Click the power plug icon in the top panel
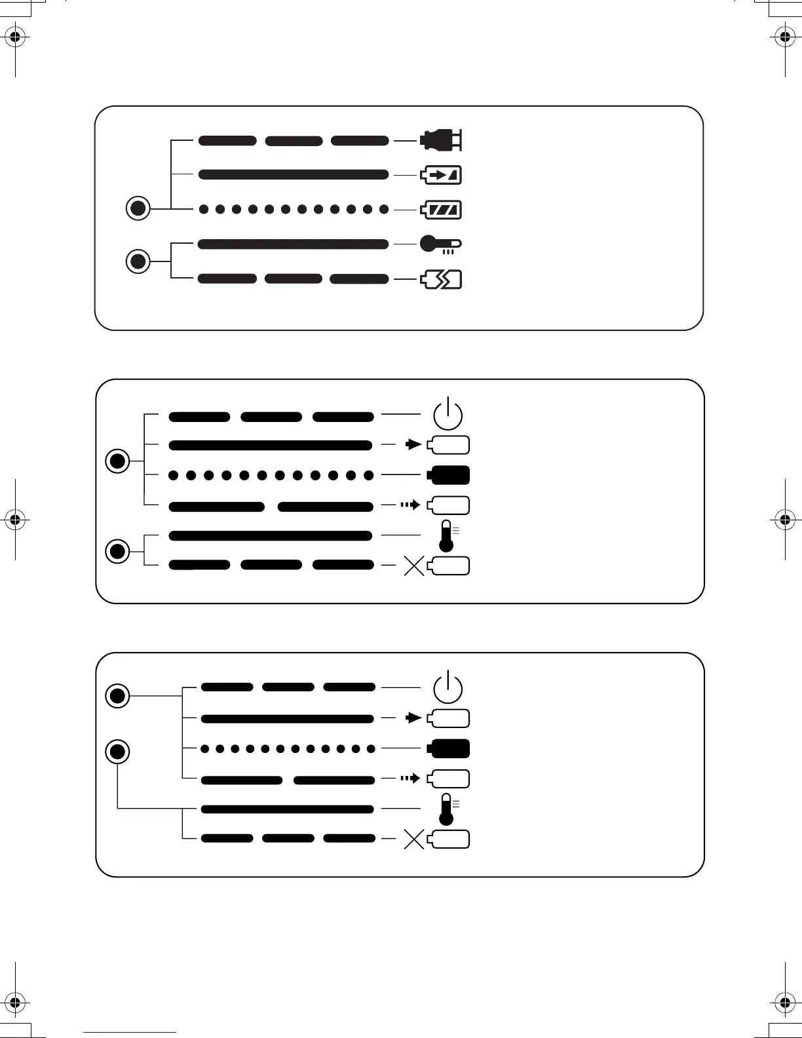pyautogui.click(x=441, y=140)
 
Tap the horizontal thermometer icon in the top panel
pyautogui.click(x=440, y=244)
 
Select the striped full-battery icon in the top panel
pyautogui.click(x=441, y=210)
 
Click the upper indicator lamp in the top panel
pyautogui.click(x=138, y=209)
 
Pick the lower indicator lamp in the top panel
pyautogui.click(x=138, y=261)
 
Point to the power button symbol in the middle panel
pyautogui.click(x=448, y=414)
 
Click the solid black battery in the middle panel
pyautogui.click(x=449, y=474)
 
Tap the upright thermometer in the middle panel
pyautogui.click(x=448, y=536)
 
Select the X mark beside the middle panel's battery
pyautogui.click(x=414, y=566)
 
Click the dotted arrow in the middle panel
pyautogui.click(x=410, y=505)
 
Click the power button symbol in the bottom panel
pyautogui.click(x=448, y=687)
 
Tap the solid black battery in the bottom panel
pyautogui.click(x=449, y=748)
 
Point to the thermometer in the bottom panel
pyautogui.click(x=448, y=809)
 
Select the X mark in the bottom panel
pyautogui.click(x=414, y=839)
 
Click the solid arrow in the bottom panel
pyautogui.click(x=413, y=718)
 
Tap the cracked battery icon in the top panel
pyautogui.click(x=441, y=280)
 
